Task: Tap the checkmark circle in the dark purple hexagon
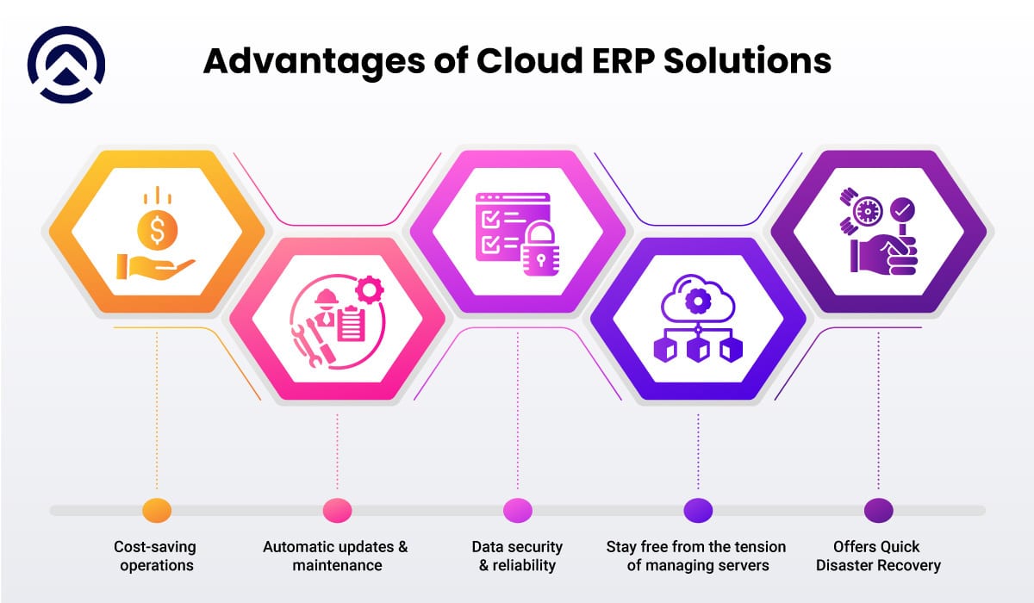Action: coord(902,208)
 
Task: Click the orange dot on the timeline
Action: coord(156,510)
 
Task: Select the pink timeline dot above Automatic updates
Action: coord(337,510)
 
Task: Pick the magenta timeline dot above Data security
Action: coord(517,510)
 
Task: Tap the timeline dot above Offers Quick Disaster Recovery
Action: coord(878,510)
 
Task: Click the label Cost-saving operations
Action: coord(155,556)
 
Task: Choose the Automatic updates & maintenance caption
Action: coord(336,556)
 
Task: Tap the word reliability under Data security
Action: coord(524,566)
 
